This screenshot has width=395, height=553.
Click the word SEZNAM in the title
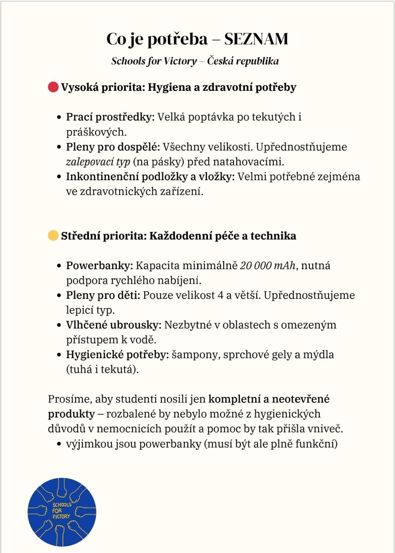point(256,39)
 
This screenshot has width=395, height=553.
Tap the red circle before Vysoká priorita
point(53,87)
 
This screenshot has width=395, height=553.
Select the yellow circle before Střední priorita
point(53,235)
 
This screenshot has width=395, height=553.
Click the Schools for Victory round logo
point(62,512)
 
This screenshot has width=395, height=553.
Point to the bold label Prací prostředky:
point(110,117)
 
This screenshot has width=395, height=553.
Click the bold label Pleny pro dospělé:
point(113,147)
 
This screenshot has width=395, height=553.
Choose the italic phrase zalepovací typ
point(98,162)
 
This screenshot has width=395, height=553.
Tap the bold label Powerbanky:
point(99,266)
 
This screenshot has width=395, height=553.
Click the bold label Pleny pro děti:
point(103,295)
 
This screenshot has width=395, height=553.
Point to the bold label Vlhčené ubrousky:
point(113,325)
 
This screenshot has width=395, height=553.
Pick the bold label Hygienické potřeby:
point(117,355)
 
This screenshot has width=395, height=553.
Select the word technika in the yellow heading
point(273,235)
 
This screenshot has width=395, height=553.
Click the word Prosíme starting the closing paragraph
point(70,399)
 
